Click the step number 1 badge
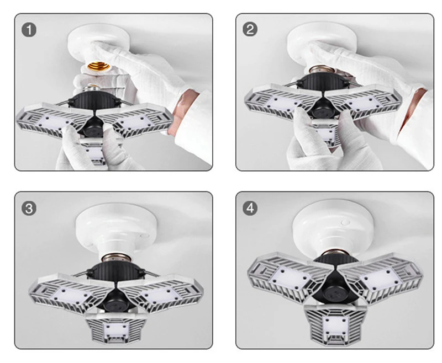point(29,30)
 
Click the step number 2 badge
point(250,30)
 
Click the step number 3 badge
point(29,209)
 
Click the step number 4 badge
point(250,208)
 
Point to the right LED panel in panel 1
point(135,121)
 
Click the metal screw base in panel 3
point(118,258)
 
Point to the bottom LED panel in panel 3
point(116,328)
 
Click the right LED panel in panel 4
point(381,277)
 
